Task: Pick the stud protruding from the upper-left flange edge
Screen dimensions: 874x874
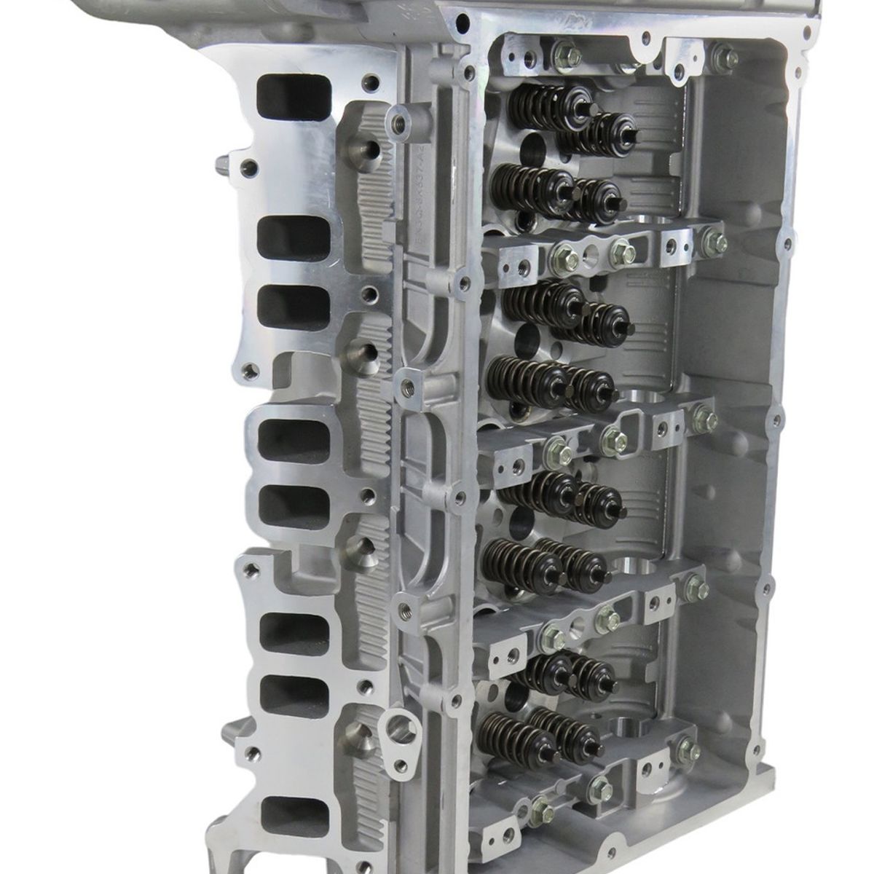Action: [221, 158]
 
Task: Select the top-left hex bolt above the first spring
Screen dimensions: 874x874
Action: [563, 52]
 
